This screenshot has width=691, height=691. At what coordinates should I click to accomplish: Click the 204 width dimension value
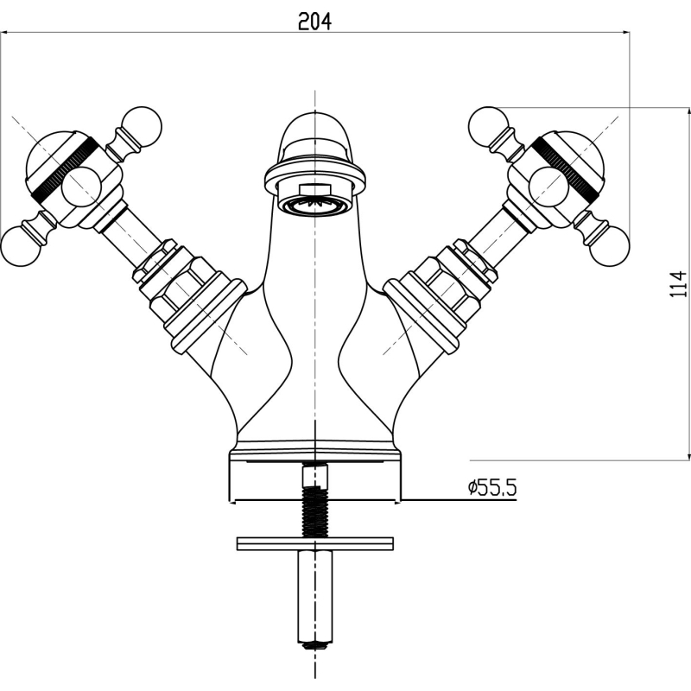pyautogui.click(x=314, y=21)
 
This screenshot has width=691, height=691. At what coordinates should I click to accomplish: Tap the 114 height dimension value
pyautogui.click(x=678, y=284)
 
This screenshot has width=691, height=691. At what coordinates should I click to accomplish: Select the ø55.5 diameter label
pyautogui.click(x=491, y=488)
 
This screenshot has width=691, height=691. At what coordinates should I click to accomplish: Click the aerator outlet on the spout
pyautogui.click(x=314, y=205)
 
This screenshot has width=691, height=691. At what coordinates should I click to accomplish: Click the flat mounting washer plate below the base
pyautogui.click(x=314, y=543)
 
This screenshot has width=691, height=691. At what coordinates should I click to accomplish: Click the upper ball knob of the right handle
pyautogui.click(x=488, y=126)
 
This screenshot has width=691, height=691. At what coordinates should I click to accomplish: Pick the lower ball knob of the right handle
pyautogui.click(x=610, y=247)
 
